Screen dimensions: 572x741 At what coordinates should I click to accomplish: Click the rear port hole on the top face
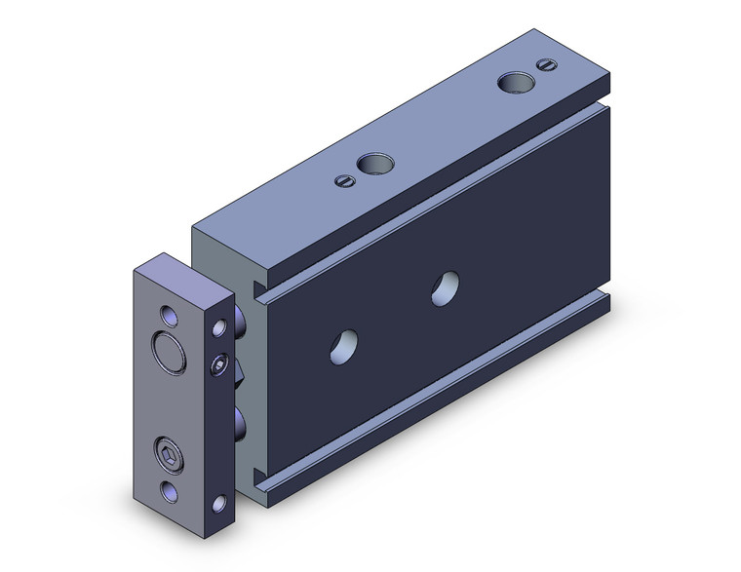(512, 82)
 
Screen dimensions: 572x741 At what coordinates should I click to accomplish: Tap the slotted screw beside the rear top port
(544, 64)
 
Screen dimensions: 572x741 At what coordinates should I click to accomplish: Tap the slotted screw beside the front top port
(342, 179)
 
